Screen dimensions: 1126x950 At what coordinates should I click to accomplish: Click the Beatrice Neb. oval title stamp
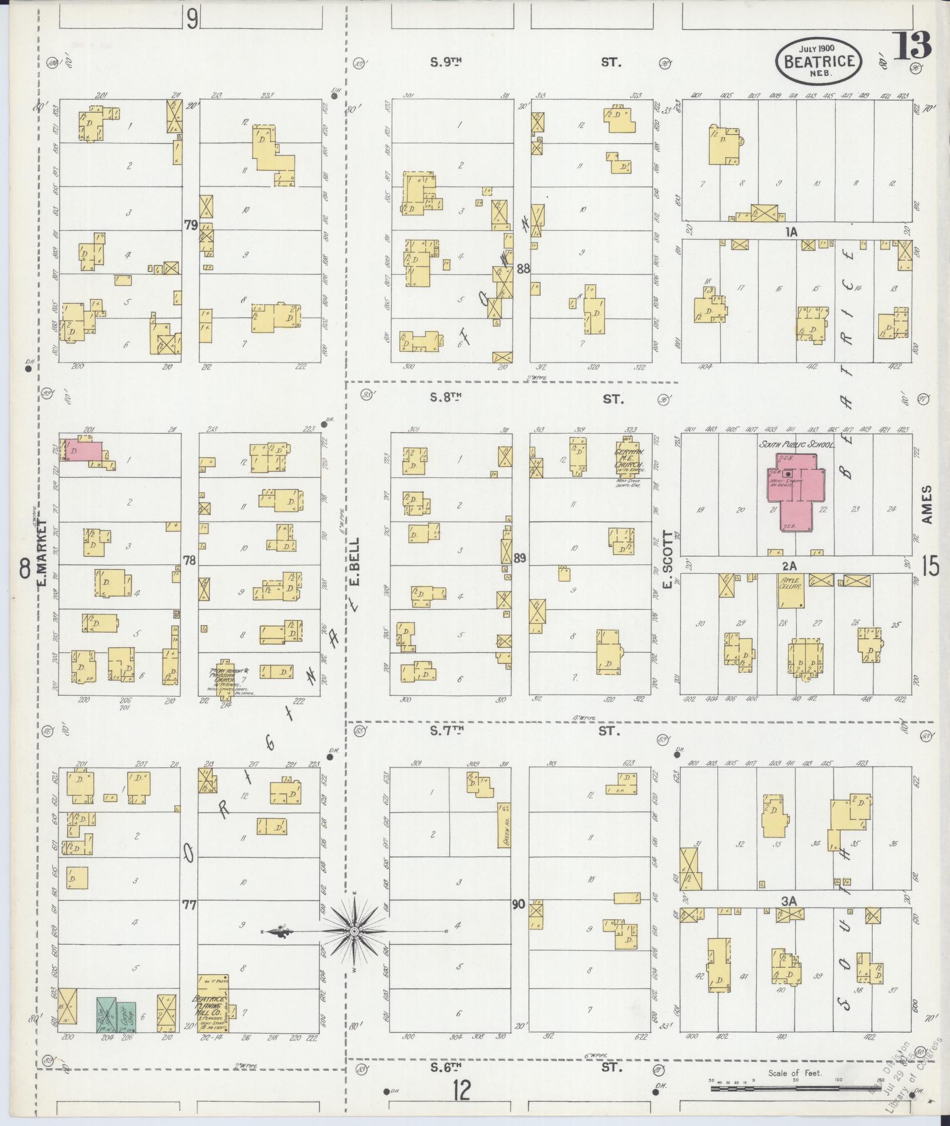(x=819, y=61)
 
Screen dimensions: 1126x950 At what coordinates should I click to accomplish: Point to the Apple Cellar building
(x=791, y=590)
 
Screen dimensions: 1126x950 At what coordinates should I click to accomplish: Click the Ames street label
(x=928, y=504)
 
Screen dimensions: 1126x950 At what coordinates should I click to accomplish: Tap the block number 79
(x=190, y=225)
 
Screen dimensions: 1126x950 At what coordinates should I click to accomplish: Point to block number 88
(x=523, y=269)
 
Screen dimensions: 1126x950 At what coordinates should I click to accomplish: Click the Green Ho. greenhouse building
(x=504, y=825)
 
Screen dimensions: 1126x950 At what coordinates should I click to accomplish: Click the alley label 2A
(x=789, y=566)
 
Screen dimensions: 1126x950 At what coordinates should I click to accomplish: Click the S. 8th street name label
(x=445, y=397)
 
